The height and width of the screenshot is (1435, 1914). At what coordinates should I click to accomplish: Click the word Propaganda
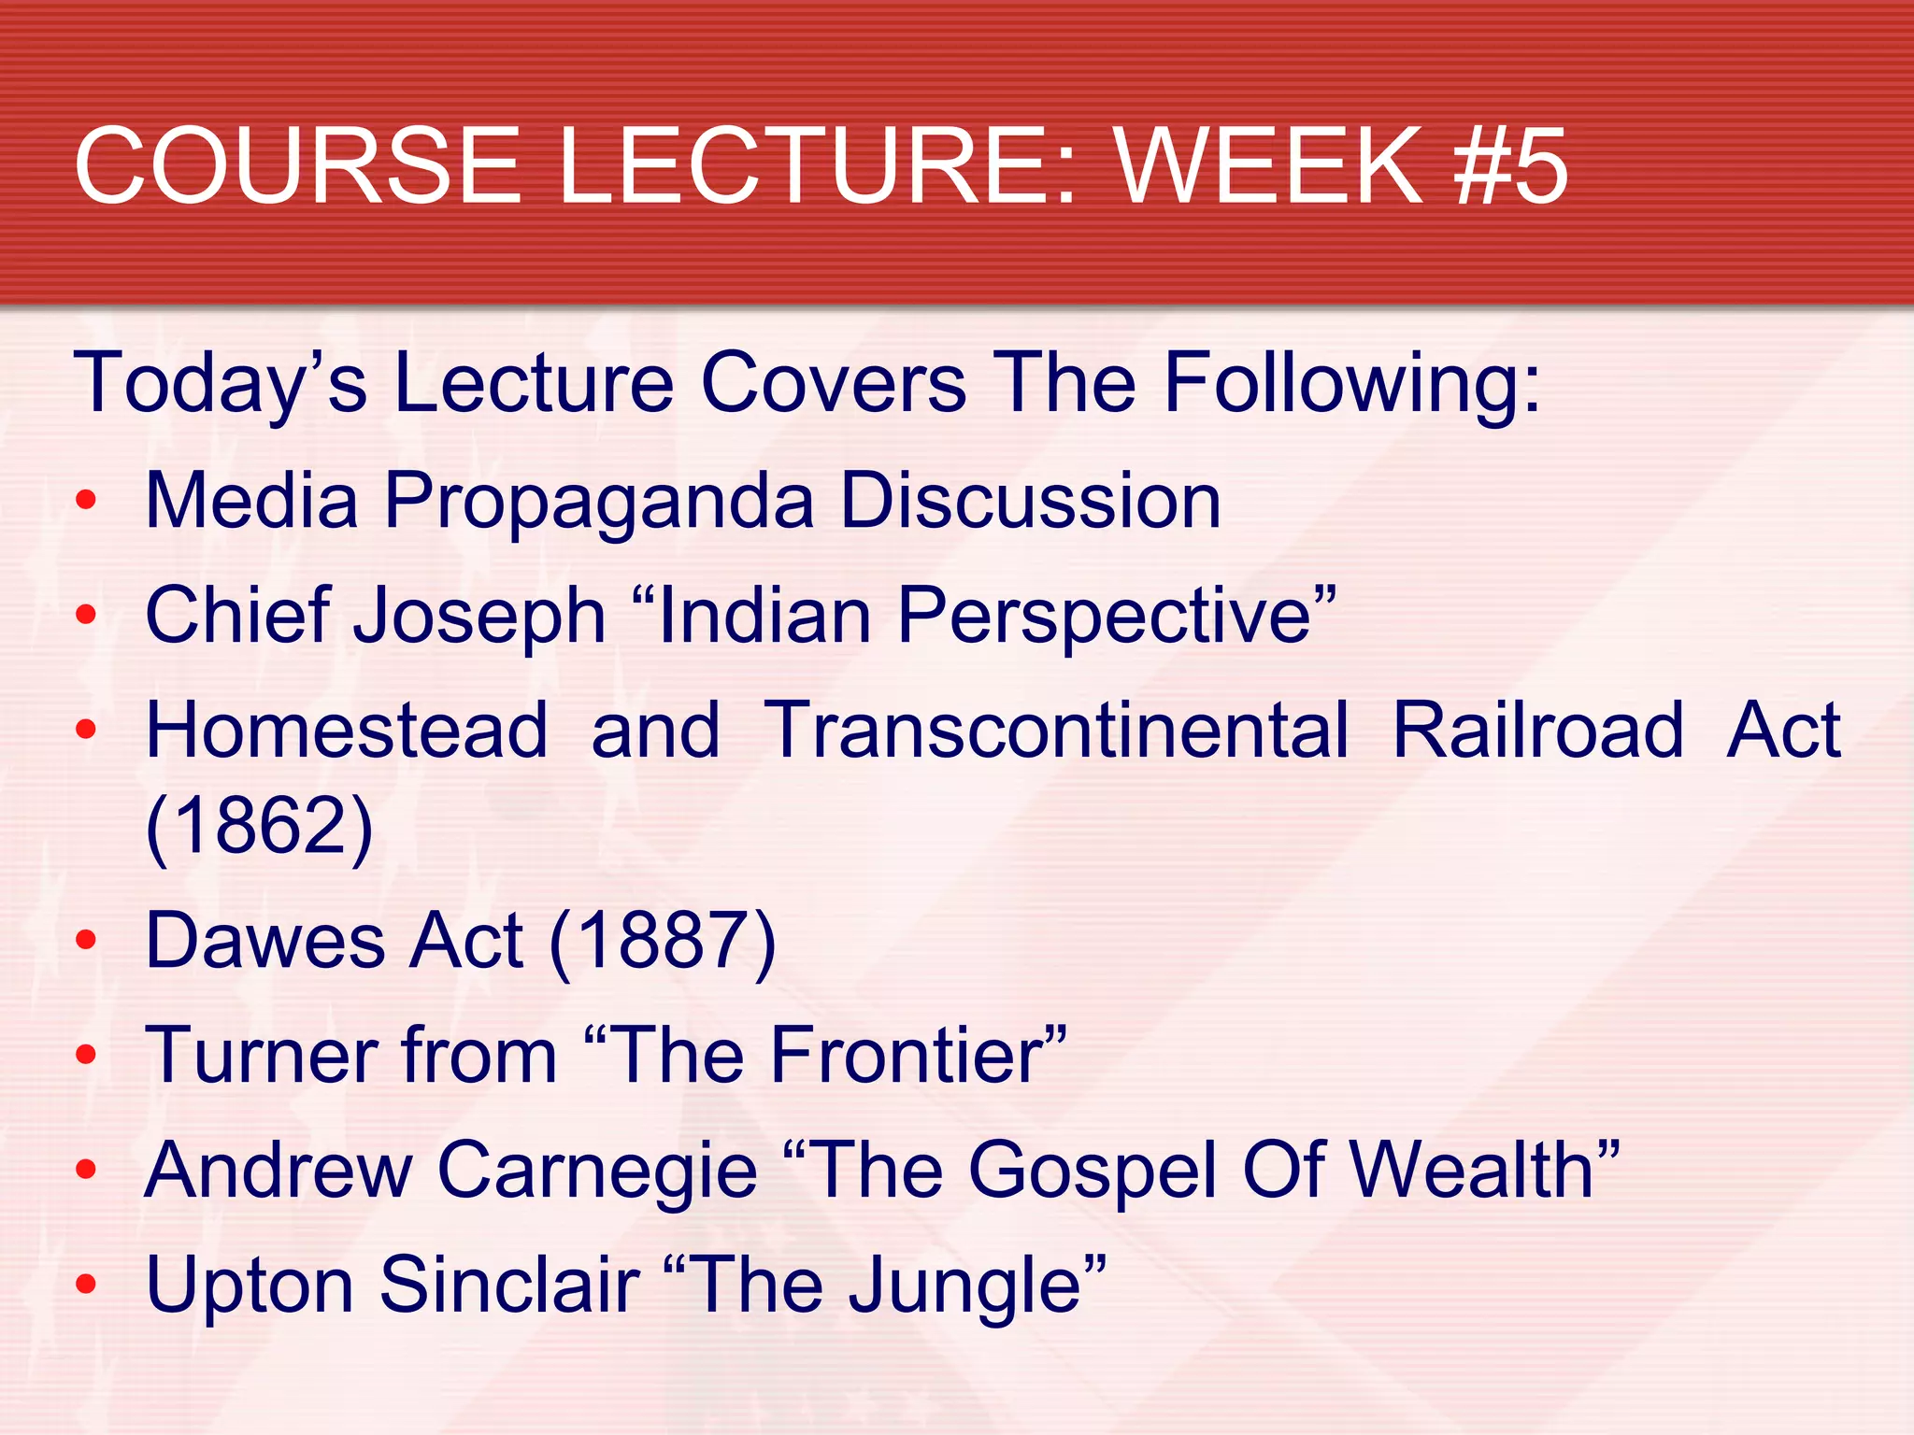[x=599, y=502]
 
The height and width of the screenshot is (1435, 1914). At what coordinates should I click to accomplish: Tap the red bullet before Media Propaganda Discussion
[x=86, y=501]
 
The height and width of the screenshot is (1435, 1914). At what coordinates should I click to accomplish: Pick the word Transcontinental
[x=1057, y=731]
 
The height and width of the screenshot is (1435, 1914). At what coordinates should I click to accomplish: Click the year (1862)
[x=260, y=826]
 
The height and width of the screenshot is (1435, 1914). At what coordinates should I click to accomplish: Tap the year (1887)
[x=663, y=941]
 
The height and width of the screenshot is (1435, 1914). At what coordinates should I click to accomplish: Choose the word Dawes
[x=265, y=941]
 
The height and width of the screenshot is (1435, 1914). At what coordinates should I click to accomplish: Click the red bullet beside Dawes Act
[x=86, y=940]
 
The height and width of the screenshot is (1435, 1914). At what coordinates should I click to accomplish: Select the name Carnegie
[x=597, y=1172]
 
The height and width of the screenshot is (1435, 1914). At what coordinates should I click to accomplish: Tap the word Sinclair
[x=509, y=1286]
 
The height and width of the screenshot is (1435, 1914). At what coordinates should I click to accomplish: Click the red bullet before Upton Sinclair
[x=86, y=1284]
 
